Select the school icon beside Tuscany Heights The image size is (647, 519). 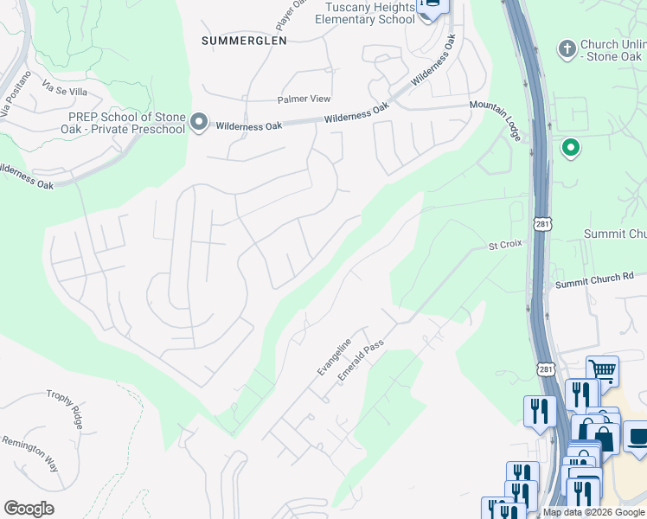pos(429,7)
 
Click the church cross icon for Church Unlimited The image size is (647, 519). pos(567,48)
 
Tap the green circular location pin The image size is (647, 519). pos(570,148)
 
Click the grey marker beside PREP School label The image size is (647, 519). pos(199,122)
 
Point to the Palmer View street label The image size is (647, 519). pos(304,99)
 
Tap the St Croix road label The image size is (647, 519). pos(506,245)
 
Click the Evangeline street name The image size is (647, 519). pos(334,356)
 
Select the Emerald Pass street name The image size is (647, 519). pos(361,362)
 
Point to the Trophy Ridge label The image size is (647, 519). pos(66,408)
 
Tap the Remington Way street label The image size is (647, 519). pos(29,452)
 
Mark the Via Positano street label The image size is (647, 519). pos(16,93)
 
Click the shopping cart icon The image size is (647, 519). pos(602,371)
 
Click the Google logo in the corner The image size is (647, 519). pos(29,508)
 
